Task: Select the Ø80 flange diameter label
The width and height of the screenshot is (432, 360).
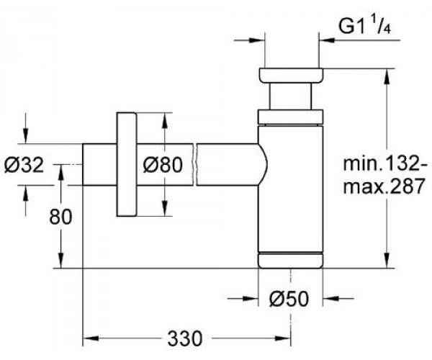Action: click(159, 165)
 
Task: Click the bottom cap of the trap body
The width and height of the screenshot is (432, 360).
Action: click(289, 259)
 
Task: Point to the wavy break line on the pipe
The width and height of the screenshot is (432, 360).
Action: click(195, 165)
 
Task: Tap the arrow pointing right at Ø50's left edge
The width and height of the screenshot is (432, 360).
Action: click(251, 296)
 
